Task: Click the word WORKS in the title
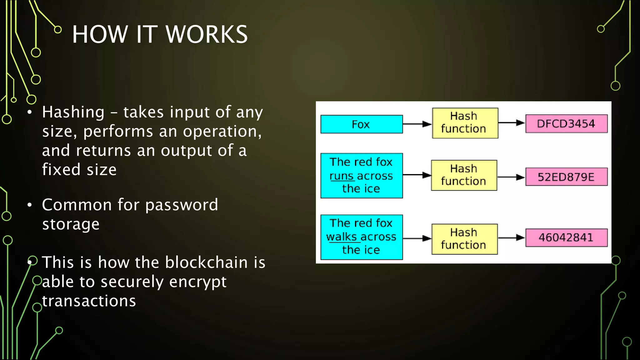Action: coord(207,34)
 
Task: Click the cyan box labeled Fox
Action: coord(362,124)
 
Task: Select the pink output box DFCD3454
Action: coord(566,124)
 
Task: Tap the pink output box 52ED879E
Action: coord(566,177)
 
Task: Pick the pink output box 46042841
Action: coord(566,237)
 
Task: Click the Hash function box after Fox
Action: coord(465,123)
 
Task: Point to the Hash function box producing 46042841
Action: coord(464,239)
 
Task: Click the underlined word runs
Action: coord(341,176)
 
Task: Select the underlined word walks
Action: coord(341,237)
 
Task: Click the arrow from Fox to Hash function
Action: coord(417,124)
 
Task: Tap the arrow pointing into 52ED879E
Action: coord(511,177)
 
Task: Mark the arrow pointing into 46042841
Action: coord(511,238)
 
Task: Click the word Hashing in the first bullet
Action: coord(73,112)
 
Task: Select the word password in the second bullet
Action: coord(182,205)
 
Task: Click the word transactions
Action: coord(89,301)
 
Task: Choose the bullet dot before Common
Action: coord(30,205)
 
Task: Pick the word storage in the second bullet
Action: coord(71,224)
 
